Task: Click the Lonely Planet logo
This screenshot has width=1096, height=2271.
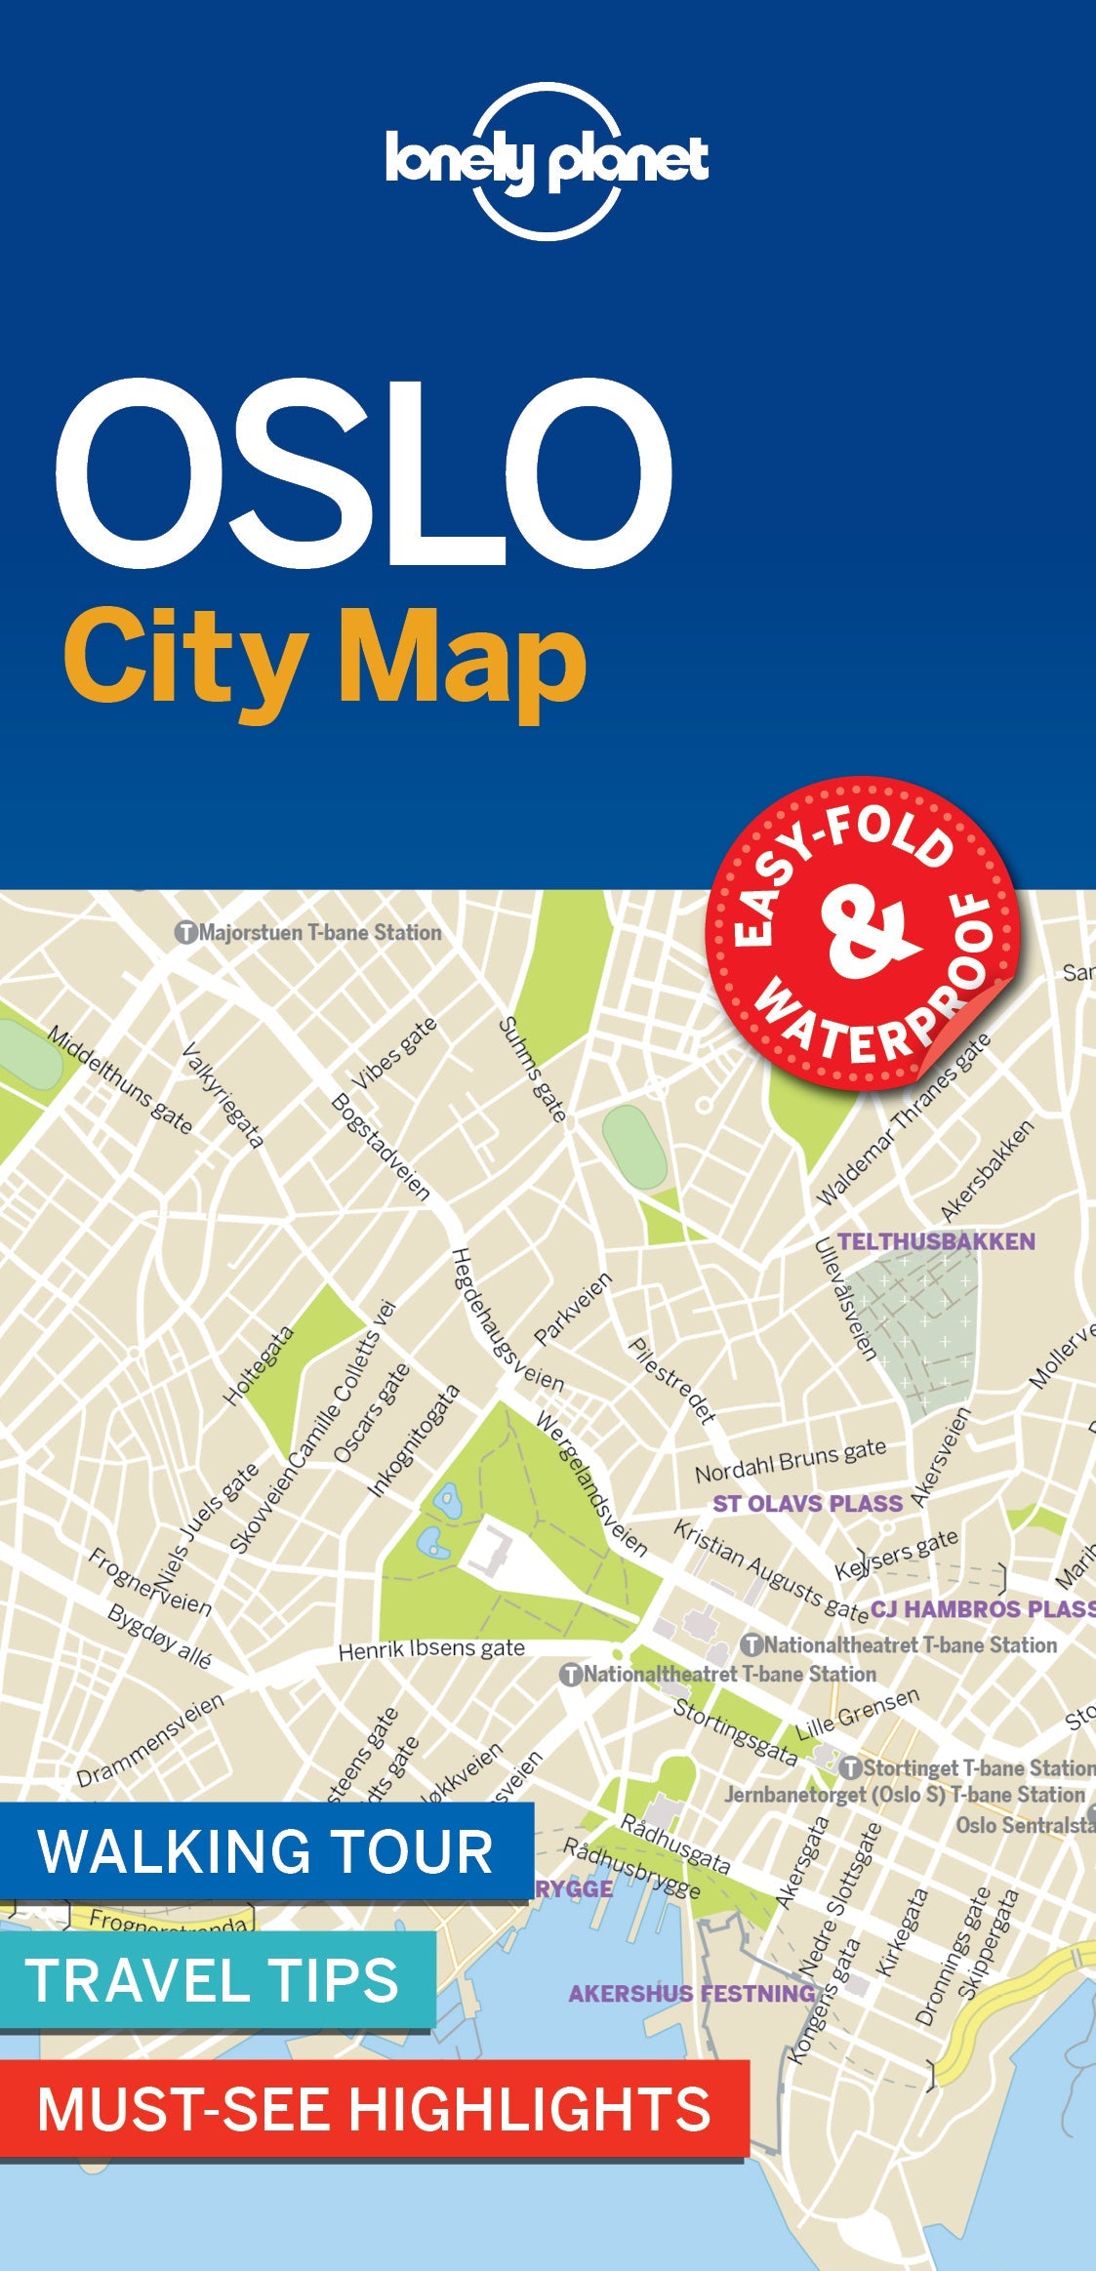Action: (x=547, y=161)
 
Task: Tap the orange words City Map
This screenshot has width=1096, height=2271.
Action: (x=325, y=662)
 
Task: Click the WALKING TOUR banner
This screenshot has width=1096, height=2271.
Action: (x=265, y=1851)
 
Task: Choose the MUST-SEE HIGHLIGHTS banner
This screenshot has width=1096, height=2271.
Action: (x=374, y=2108)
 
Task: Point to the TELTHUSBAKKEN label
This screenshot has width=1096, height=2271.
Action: (x=936, y=1241)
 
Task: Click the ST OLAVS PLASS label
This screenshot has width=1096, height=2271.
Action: (x=807, y=1503)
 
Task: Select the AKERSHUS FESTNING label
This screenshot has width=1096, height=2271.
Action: (x=692, y=1993)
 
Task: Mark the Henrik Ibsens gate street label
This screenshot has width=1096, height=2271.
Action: (x=431, y=1649)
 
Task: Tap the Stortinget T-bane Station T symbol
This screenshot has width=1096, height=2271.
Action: (x=850, y=1768)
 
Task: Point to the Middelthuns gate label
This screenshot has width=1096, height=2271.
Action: (x=120, y=1079)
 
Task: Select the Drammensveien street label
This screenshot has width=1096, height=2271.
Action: (x=150, y=1738)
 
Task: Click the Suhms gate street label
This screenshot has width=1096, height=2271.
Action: (x=533, y=1069)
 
